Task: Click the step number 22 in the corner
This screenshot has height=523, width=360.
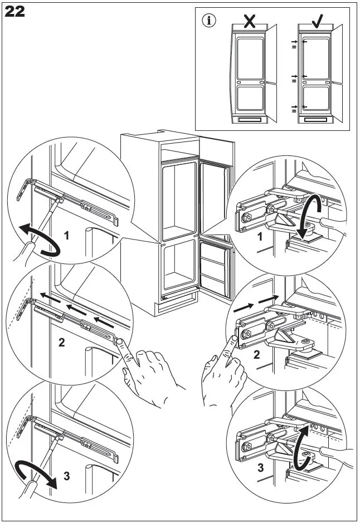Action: pyautogui.click(x=15, y=12)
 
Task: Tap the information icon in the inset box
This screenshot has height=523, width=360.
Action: pyautogui.click(x=210, y=21)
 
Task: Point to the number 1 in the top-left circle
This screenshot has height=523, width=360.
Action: pyautogui.click(x=66, y=236)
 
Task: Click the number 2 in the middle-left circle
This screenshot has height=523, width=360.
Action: pyautogui.click(x=61, y=343)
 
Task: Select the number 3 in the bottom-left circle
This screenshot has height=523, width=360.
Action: pyautogui.click(x=66, y=476)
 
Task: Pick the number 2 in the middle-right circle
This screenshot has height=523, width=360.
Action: pyautogui.click(x=256, y=355)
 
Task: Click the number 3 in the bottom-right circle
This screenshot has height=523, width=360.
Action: pyautogui.click(x=260, y=468)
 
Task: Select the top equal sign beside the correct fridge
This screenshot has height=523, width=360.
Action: pyautogui.click(x=293, y=48)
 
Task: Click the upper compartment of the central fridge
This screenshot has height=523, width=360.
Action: pyautogui.click(x=179, y=200)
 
